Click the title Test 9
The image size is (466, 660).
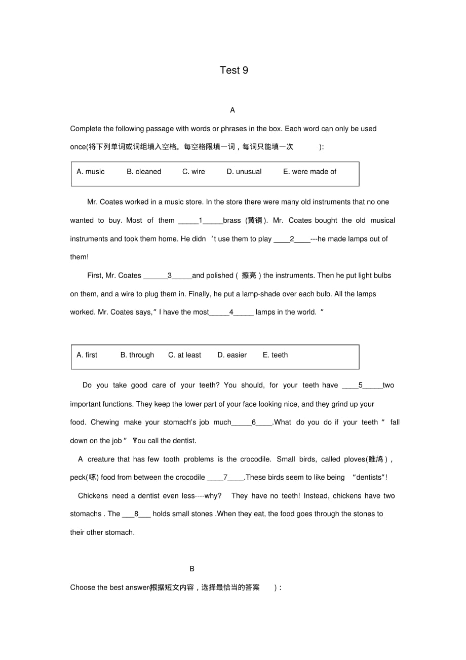(234, 70)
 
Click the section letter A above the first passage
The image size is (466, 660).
(232, 110)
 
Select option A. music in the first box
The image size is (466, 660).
(91, 172)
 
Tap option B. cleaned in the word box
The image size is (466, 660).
(144, 172)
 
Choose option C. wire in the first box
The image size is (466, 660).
(193, 172)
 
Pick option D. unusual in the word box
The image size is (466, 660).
(244, 172)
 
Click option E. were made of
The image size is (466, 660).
(309, 172)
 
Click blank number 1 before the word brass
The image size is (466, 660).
(201, 220)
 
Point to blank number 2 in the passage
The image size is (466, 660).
(292, 239)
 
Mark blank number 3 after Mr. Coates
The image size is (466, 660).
(169, 276)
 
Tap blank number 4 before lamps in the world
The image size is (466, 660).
(231, 313)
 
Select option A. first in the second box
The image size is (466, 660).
(87, 355)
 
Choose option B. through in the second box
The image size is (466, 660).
(137, 355)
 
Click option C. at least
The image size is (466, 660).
(184, 355)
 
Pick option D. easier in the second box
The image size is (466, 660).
(232, 355)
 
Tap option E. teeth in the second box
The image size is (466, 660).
(275, 355)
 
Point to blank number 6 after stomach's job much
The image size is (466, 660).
(253, 422)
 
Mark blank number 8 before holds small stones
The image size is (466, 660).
(136, 514)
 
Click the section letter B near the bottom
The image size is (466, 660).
(192, 569)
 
